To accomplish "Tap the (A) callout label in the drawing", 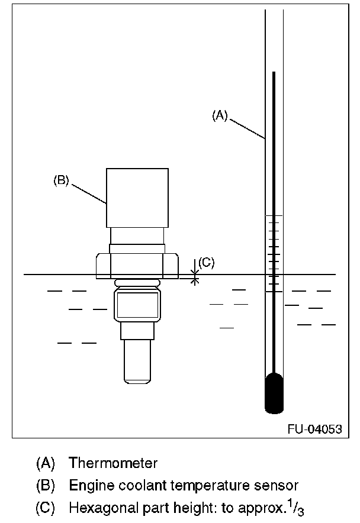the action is pyautogui.click(x=220, y=117).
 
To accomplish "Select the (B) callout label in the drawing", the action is pyautogui.click(x=62, y=181).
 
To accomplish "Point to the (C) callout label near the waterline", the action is pyautogui.click(x=206, y=262).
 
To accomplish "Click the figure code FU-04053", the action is pyautogui.click(x=314, y=430).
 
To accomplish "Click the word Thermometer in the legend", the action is pyautogui.click(x=113, y=462).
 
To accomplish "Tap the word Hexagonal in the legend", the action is pyautogui.click(x=98, y=508).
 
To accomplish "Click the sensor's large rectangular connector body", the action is pyautogui.click(x=137, y=198).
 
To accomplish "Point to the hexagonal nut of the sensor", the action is pyautogui.click(x=137, y=266).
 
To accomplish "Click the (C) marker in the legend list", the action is pyautogui.click(x=46, y=508).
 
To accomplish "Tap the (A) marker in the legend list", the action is pyautogui.click(x=46, y=462).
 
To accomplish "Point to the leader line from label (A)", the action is pyautogui.click(x=247, y=129).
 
